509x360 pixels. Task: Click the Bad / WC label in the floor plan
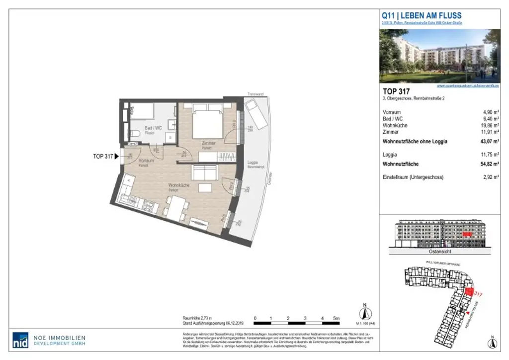pyautogui.click(x=153, y=128)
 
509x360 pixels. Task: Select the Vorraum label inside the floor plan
pyautogui.click(x=146, y=161)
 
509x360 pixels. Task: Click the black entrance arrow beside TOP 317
pyautogui.click(x=117, y=156)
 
